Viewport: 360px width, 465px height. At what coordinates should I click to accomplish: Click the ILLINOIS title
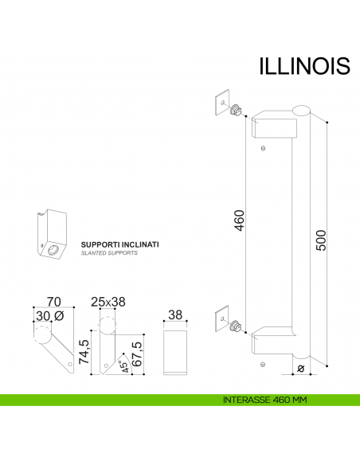[x=304, y=65]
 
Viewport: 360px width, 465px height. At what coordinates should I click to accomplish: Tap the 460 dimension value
[x=239, y=220]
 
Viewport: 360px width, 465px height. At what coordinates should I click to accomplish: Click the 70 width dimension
[x=54, y=302]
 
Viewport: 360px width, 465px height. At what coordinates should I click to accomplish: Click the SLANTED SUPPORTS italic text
[x=109, y=253]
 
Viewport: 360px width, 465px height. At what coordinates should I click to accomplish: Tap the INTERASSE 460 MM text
[x=265, y=399]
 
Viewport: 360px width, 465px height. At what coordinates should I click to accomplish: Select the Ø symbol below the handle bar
[x=299, y=368]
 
